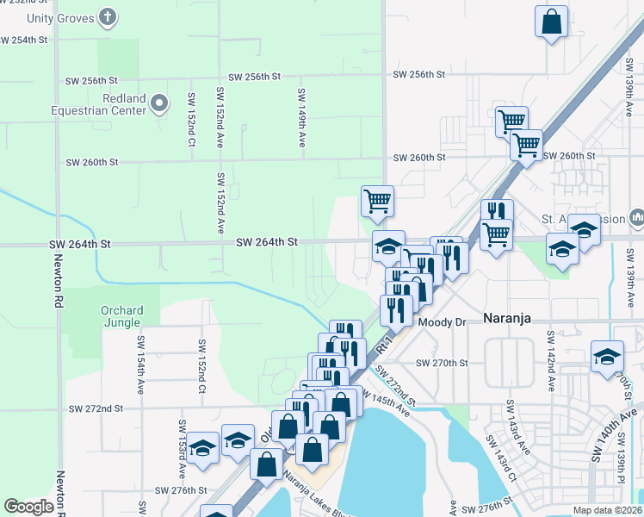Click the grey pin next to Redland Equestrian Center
click(x=159, y=105)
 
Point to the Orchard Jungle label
click(x=115, y=316)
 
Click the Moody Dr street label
click(x=441, y=322)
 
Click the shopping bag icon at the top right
click(x=550, y=21)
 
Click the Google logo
click(x=28, y=507)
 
